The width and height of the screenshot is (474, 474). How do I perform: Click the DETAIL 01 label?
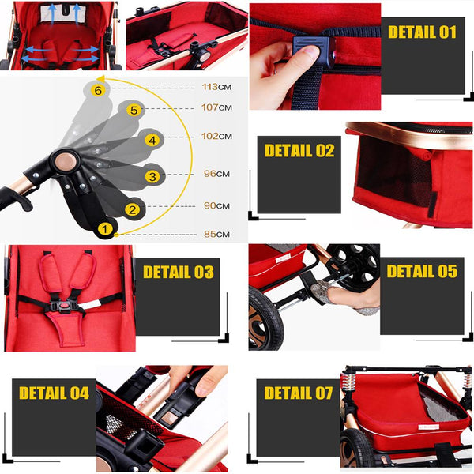[422, 32]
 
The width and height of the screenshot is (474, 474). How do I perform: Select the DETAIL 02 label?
[299, 151]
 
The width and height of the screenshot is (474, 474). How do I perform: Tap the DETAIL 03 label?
[178, 273]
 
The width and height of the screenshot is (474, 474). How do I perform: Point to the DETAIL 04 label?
[54, 393]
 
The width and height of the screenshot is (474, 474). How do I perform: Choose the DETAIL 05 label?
[422, 272]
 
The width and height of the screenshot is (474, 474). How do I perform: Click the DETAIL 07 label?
[299, 393]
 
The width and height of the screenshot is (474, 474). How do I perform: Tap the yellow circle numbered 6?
[98, 91]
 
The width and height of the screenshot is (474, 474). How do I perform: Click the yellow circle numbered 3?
[152, 176]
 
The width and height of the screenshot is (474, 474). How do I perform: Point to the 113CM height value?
[216, 88]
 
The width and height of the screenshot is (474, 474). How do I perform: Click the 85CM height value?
[216, 234]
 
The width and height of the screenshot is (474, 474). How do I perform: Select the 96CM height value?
[216, 174]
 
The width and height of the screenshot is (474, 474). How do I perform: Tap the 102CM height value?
[216, 136]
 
